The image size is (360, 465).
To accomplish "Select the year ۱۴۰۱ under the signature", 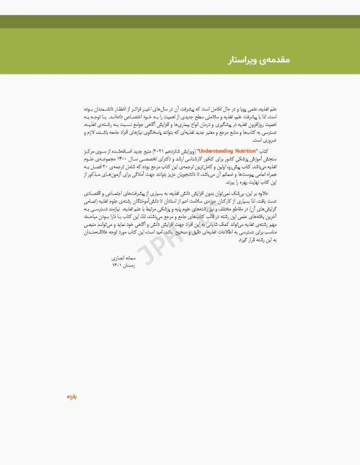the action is [117, 265].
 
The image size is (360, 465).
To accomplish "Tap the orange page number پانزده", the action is [71, 397].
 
